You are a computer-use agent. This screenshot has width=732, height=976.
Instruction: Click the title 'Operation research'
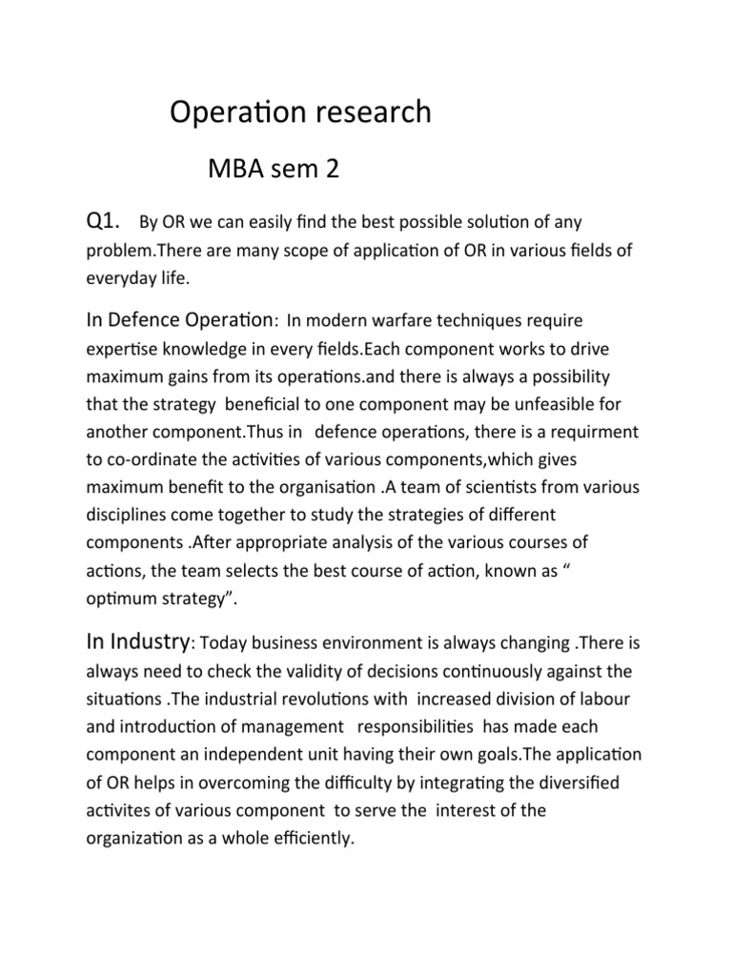tap(300, 113)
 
